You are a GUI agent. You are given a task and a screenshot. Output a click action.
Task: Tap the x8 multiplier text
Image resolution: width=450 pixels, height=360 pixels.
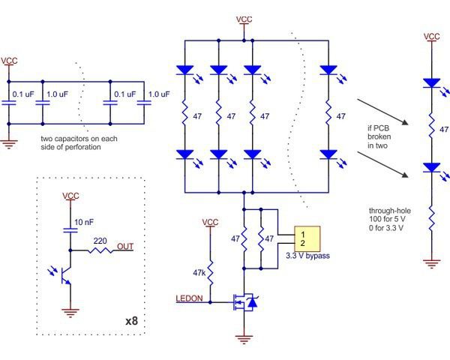(x=131, y=321)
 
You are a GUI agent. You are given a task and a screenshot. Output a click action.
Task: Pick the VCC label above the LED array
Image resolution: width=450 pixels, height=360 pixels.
(x=244, y=19)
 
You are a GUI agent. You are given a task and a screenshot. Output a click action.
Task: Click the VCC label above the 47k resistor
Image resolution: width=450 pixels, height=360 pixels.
(x=211, y=223)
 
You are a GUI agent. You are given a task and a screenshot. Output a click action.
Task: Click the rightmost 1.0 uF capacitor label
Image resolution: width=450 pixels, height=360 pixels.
(x=158, y=94)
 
